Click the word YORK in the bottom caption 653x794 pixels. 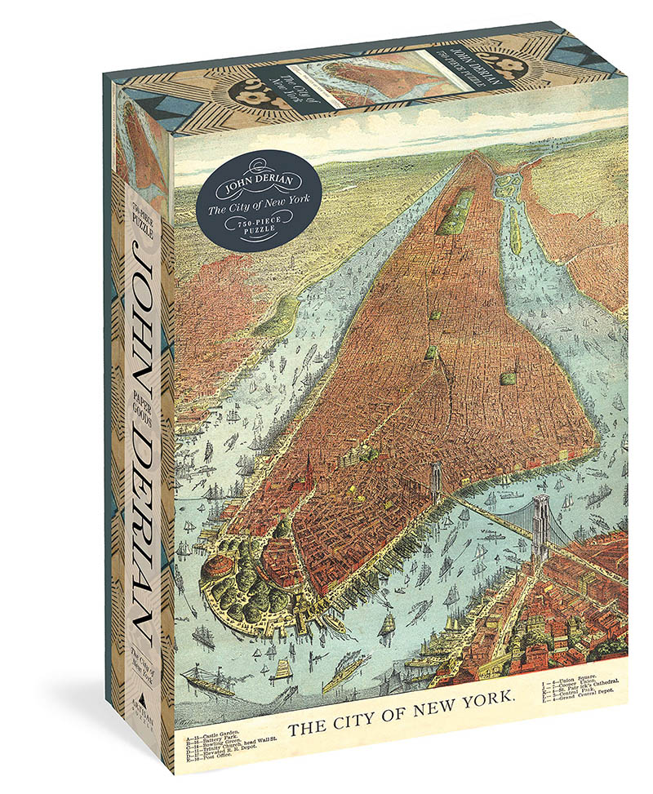tap(483, 699)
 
